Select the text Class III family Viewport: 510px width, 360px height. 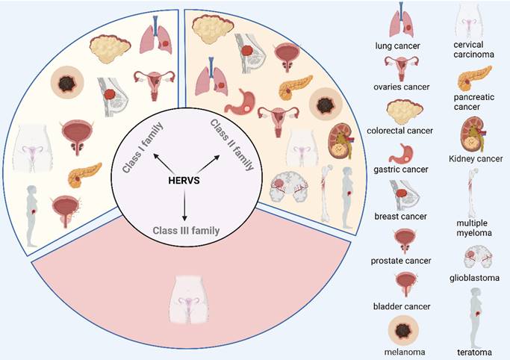click(x=185, y=230)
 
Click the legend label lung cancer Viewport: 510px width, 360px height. click(x=397, y=46)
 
